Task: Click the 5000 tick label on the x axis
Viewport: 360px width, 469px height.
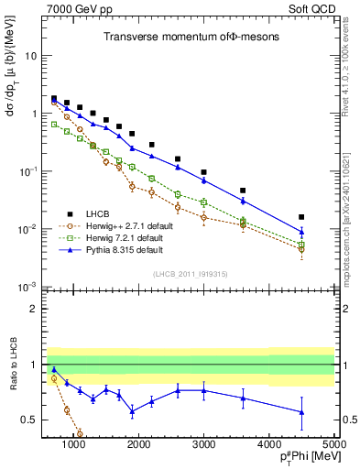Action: tap(334, 443)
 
